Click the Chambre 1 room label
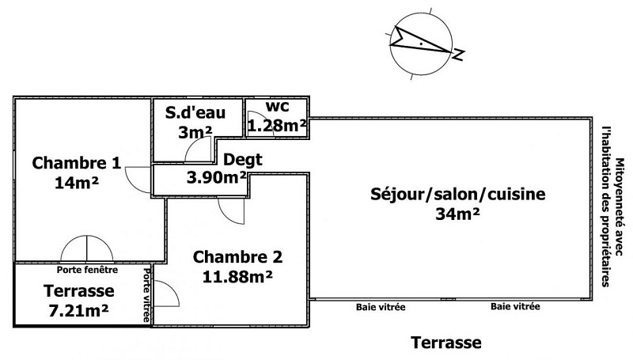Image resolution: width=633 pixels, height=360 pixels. point(77,164)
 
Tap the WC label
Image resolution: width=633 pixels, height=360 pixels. point(276,106)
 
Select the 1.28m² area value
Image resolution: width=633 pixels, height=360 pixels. point(276,124)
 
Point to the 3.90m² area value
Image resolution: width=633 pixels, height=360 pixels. point(215,176)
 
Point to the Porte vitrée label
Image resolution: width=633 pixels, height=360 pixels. point(148,294)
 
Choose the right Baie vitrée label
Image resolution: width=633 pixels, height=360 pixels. point(515,305)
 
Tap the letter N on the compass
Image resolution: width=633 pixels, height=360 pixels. point(458,54)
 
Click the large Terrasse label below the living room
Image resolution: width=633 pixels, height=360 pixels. point(445,343)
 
